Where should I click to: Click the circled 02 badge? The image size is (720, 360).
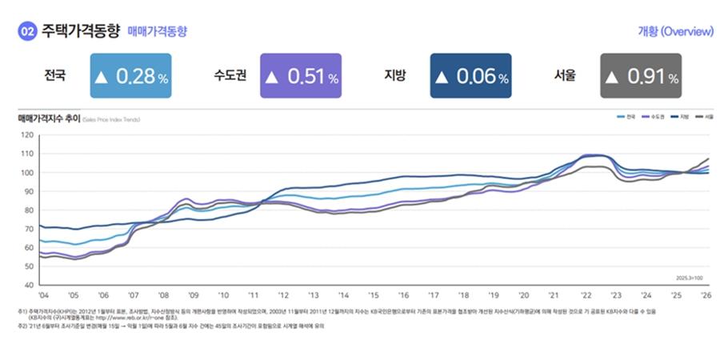click(x=26, y=31)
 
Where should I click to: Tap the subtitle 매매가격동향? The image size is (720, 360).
click(x=158, y=32)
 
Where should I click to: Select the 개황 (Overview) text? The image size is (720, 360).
click(x=674, y=32)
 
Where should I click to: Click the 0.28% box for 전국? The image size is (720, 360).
click(x=130, y=76)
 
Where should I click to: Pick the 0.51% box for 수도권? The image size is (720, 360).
click(x=301, y=76)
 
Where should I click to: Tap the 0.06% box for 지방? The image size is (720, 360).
click(x=470, y=76)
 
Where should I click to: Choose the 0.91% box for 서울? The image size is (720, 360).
click(x=641, y=76)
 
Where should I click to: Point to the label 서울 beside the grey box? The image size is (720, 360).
click(x=565, y=76)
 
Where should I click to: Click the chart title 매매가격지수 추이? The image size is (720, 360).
click(x=48, y=118)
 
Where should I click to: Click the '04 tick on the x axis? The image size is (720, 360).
click(x=44, y=295)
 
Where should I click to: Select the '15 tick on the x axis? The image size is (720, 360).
click(x=373, y=295)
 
